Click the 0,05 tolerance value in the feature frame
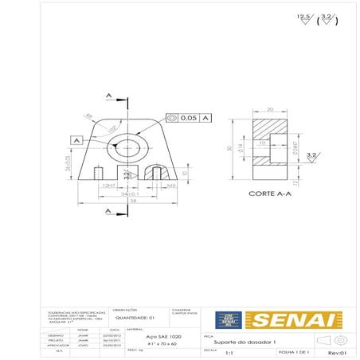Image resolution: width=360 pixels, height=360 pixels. click(187, 118)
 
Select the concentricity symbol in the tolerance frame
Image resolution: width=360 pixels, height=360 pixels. click(172, 118)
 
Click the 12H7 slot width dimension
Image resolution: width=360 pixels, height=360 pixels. click(110, 185)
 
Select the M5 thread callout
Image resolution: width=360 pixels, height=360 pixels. click(171, 185)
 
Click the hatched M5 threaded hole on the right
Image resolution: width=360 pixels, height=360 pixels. click(158, 172)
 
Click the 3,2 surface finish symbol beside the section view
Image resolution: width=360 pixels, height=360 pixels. click(313, 155)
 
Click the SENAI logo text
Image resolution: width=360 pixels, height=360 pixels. click(288, 319)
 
